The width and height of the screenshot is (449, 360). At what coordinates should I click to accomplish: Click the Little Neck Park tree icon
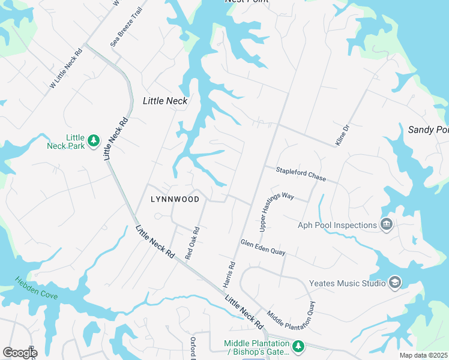(93, 140)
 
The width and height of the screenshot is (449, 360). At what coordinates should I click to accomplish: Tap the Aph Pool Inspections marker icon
(387, 225)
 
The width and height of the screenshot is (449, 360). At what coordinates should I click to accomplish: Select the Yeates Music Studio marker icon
(394, 283)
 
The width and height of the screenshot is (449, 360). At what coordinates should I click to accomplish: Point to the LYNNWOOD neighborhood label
(174, 199)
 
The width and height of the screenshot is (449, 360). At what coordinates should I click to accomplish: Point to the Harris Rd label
(229, 274)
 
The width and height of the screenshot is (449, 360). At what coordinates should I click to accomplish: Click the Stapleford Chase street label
(300, 175)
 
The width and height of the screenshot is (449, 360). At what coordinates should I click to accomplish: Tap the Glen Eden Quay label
(262, 248)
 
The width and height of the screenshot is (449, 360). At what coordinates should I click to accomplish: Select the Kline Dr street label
(342, 136)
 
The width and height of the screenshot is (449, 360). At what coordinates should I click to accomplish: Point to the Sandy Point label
(427, 130)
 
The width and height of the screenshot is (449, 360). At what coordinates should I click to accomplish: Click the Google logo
(20, 353)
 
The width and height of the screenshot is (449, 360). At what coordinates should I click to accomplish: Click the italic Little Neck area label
(165, 101)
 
